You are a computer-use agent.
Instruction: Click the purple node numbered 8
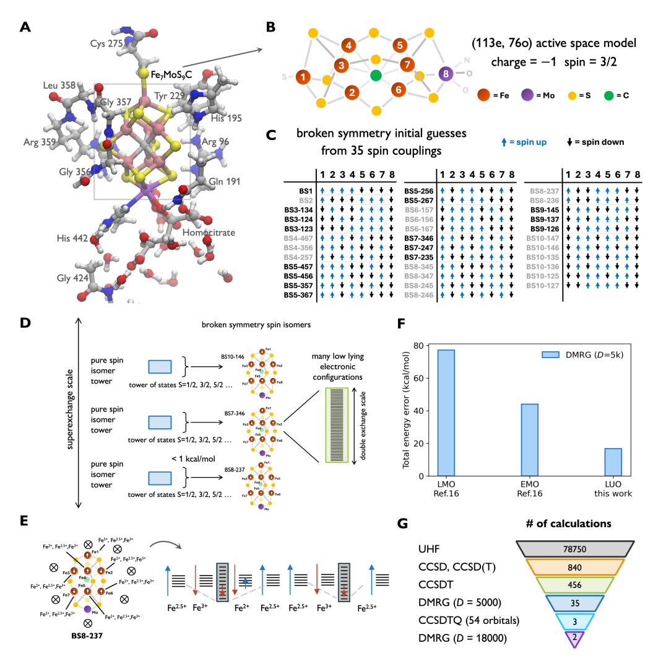click(x=446, y=74)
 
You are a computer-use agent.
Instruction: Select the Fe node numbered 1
click(x=303, y=77)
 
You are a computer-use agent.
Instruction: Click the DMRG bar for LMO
click(x=446, y=413)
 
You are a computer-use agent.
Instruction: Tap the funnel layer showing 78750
click(x=574, y=547)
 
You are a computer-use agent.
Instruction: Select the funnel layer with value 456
click(x=574, y=585)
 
